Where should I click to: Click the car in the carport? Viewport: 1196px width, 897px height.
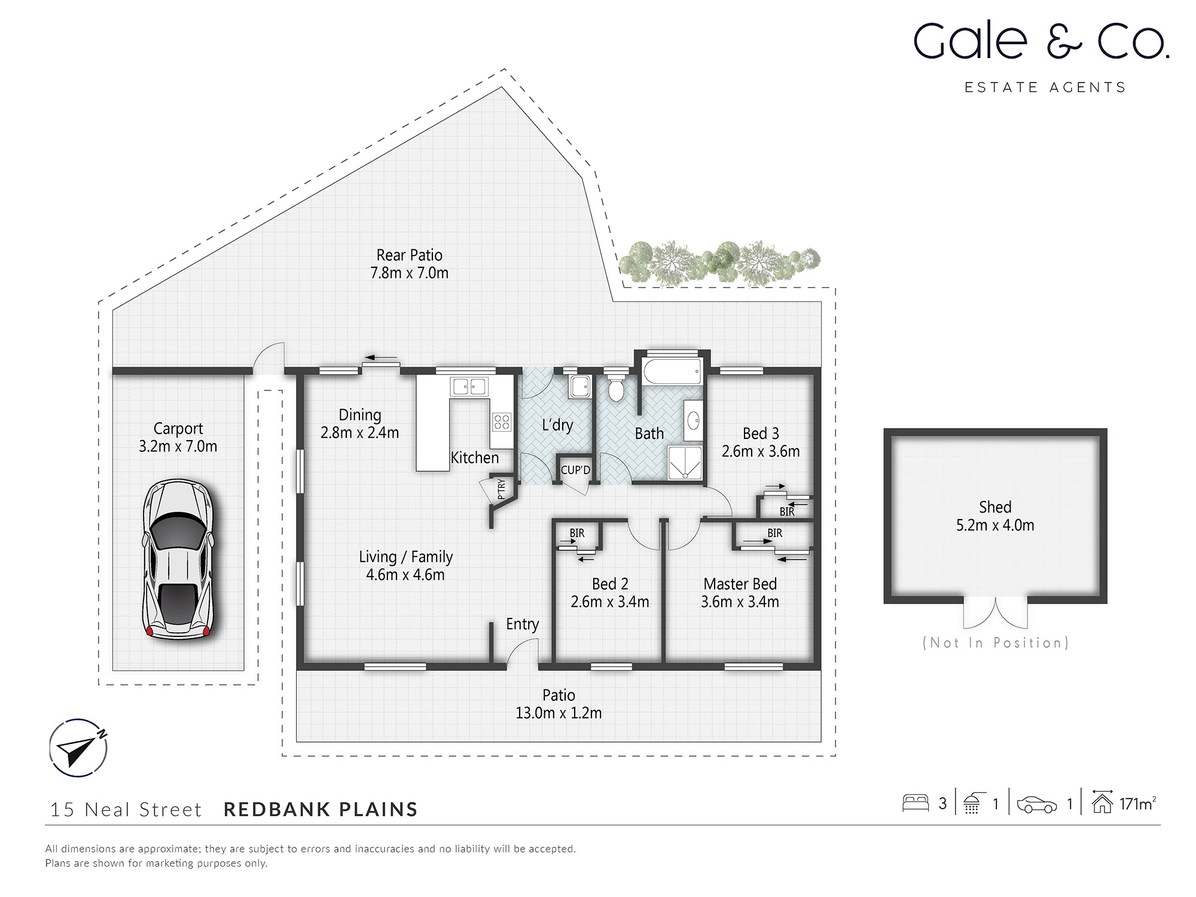[x=178, y=560]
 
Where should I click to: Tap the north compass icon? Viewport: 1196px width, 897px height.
[x=78, y=747]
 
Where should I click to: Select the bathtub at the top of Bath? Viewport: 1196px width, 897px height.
[x=672, y=372]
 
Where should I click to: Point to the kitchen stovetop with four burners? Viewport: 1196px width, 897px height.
[x=502, y=422]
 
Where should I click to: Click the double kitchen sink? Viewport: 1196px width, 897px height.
[x=469, y=386]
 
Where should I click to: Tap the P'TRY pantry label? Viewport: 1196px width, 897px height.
[x=501, y=489]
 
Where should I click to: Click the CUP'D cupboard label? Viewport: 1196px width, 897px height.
[x=575, y=470]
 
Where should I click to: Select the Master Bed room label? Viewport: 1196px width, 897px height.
[x=740, y=584]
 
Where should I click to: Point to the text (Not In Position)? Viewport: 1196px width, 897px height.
[x=996, y=643]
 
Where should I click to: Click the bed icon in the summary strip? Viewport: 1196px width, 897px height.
[x=915, y=803]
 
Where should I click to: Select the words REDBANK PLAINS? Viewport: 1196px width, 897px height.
[x=321, y=809]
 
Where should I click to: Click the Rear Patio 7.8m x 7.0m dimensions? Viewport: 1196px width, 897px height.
[x=409, y=273]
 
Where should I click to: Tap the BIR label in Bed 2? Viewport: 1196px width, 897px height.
[x=576, y=533]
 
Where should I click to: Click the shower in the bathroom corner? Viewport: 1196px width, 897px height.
[x=685, y=462]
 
